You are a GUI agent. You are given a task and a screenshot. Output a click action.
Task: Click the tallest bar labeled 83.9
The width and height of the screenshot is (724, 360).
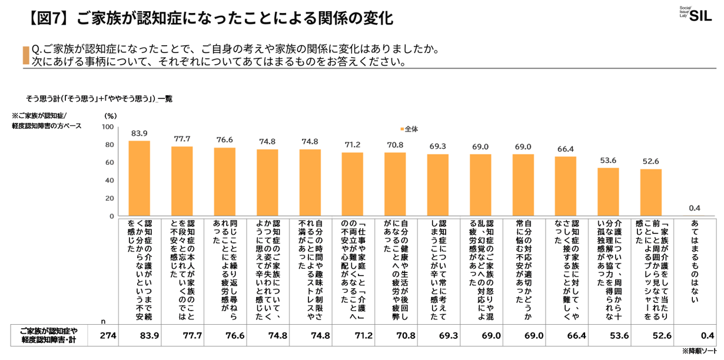(139, 178)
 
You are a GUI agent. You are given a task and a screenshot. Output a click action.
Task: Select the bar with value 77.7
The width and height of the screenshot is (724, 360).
(182, 181)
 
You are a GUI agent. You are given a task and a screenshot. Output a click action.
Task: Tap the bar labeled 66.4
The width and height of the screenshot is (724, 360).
(566, 186)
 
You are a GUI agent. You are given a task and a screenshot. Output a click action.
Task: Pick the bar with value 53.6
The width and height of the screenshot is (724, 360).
(608, 192)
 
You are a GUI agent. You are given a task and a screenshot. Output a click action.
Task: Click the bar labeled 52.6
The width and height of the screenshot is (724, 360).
(650, 192)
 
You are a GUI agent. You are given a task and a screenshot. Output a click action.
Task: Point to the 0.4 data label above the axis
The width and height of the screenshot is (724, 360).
(693, 208)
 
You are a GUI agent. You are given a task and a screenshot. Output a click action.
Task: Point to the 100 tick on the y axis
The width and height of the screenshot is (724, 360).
(108, 127)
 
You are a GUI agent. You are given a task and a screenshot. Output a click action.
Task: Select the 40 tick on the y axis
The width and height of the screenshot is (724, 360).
(110, 181)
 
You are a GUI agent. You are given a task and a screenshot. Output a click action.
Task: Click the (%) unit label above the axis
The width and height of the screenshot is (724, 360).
(110, 116)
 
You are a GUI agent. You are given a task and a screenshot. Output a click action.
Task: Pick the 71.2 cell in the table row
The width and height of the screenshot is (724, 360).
(352, 336)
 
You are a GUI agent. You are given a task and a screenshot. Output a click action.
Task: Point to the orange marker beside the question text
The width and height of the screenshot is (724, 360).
(25, 55)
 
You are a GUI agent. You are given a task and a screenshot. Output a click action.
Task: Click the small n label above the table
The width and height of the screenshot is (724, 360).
(102, 321)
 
